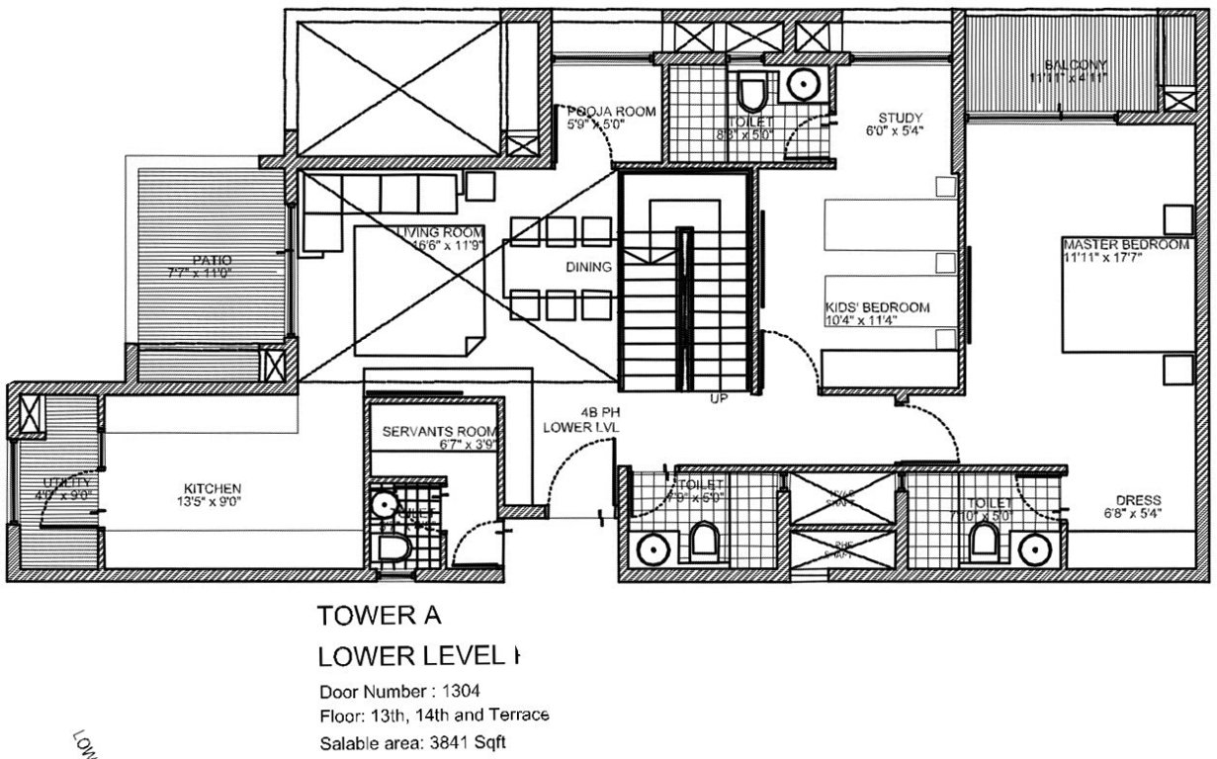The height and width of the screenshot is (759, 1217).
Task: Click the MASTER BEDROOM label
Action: tap(1125, 244)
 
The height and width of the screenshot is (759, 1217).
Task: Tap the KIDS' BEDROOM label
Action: tap(877, 307)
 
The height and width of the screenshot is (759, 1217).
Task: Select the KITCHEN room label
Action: tap(212, 488)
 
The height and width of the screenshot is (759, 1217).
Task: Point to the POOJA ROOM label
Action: tap(612, 112)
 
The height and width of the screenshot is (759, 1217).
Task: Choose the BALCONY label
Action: tap(1067, 65)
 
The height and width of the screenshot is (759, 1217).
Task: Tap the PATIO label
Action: tap(213, 260)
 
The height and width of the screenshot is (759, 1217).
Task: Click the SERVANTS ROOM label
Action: tap(439, 432)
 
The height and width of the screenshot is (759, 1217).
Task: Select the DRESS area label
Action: tap(1137, 500)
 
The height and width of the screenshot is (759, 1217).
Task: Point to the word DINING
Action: tap(588, 267)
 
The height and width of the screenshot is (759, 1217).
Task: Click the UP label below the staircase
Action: tap(719, 400)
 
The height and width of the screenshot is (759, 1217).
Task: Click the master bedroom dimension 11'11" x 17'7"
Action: tap(1125, 257)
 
